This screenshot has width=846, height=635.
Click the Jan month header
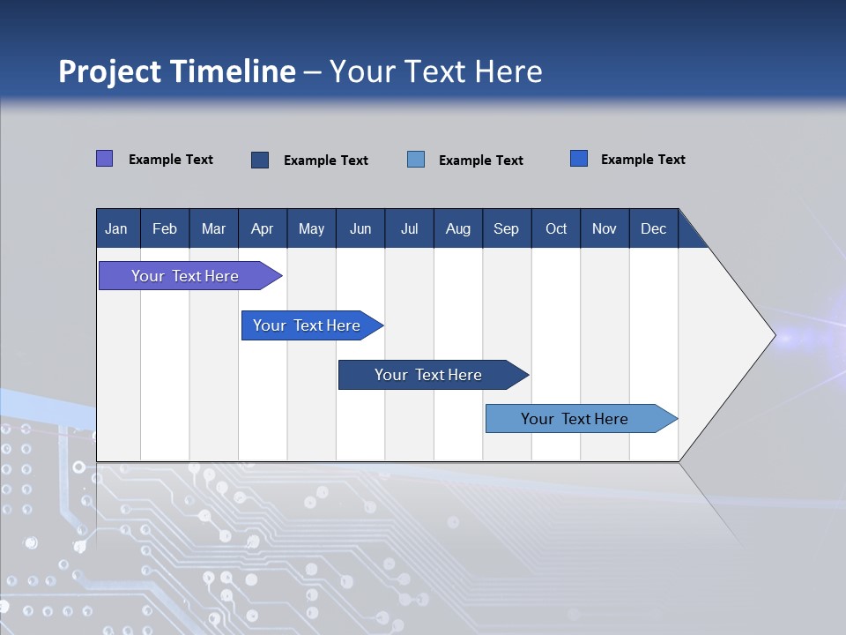(116, 228)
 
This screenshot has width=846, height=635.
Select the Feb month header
(165, 228)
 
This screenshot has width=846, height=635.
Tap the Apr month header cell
(262, 228)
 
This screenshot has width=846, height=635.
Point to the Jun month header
(360, 228)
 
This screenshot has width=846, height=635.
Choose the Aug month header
(457, 228)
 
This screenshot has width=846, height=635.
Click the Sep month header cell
(506, 228)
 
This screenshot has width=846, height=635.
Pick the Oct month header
(556, 228)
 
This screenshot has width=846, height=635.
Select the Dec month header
(653, 228)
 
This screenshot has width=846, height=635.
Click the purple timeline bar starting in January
(185, 276)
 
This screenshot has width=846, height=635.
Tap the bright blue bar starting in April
(307, 325)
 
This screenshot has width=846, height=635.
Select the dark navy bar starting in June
(428, 375)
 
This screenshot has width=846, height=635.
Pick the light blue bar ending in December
(575, 419)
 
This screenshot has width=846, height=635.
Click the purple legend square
(104, 159)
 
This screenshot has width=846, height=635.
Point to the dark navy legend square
(260, 160)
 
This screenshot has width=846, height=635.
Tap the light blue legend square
(416, 160)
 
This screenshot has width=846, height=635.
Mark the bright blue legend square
(579, 159)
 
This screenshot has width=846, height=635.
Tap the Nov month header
(605, 228)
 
